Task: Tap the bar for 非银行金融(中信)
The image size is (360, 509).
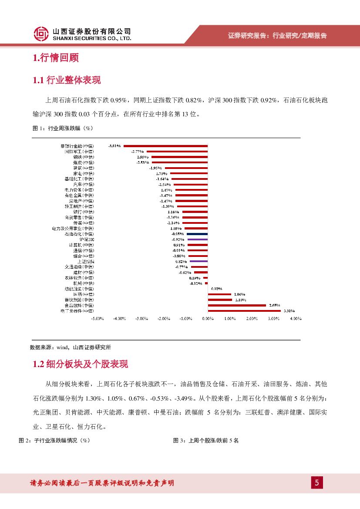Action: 166,146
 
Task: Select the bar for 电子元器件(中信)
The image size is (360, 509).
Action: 244,311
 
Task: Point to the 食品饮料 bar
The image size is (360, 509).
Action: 237,305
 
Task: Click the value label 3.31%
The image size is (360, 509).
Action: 289,311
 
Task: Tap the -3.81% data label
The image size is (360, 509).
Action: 114,146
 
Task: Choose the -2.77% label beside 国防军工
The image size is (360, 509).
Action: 138,151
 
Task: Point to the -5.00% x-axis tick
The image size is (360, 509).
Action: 97,319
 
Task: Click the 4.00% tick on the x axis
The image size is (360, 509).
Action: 296,319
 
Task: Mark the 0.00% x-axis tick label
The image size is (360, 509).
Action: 208,319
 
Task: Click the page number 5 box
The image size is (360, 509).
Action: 316,483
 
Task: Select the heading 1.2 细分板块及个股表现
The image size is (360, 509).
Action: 81,364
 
